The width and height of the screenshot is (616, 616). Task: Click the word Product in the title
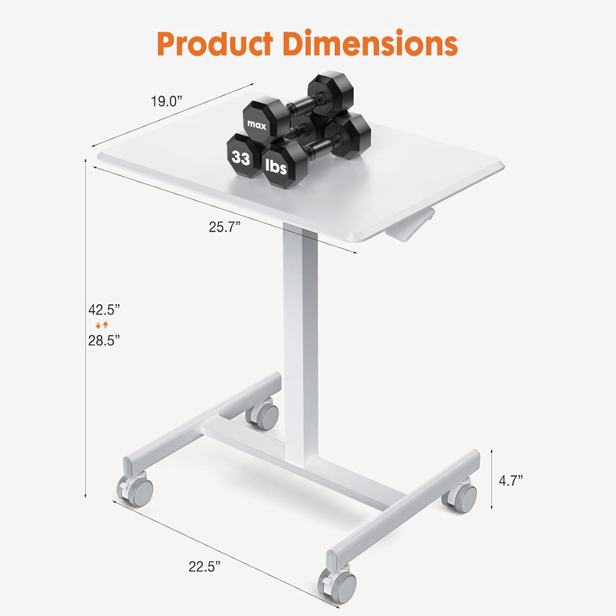click(215, 44)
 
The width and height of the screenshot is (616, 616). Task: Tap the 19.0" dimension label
click(166, 101)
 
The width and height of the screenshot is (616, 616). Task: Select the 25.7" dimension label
click(225, 227)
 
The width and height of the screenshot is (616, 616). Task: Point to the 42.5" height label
click(104, 310)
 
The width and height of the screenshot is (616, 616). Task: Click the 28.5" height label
click(104, 341)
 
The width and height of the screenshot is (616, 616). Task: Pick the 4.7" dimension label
click(511, 489)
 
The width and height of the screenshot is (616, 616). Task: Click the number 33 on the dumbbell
click(241, 158)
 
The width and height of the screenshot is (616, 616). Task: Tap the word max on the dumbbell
click(256, 125)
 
